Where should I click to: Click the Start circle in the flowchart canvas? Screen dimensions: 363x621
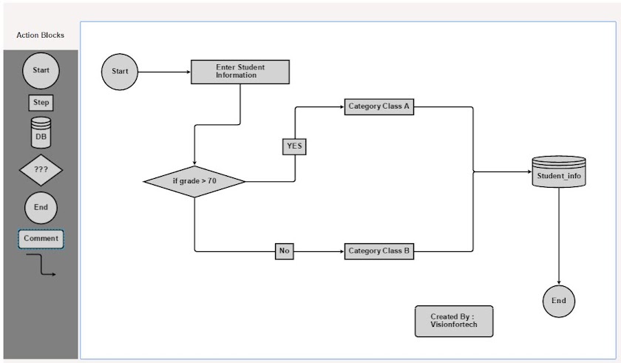120,72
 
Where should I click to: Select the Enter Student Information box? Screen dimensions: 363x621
240,72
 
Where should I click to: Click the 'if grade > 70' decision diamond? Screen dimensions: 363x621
194,181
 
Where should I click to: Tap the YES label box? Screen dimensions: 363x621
294,146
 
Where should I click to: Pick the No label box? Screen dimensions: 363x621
284,251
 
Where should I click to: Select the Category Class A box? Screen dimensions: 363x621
379,106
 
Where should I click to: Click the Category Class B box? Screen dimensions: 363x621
379,251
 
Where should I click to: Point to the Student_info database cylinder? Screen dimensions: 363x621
559,172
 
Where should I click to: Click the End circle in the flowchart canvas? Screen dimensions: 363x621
559,301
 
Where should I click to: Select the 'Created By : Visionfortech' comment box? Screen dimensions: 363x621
453,321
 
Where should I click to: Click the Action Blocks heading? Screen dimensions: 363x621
40,35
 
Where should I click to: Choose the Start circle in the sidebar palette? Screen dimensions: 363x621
41,71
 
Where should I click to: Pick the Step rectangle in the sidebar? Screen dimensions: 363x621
41,103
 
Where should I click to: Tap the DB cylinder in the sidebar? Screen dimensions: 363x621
41,132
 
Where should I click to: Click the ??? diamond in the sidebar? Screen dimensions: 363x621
41,170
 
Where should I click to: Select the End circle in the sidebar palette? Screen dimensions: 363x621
41,208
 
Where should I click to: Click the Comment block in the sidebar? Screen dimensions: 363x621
41,239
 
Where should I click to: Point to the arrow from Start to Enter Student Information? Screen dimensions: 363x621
164,72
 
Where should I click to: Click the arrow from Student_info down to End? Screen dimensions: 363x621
559,237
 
